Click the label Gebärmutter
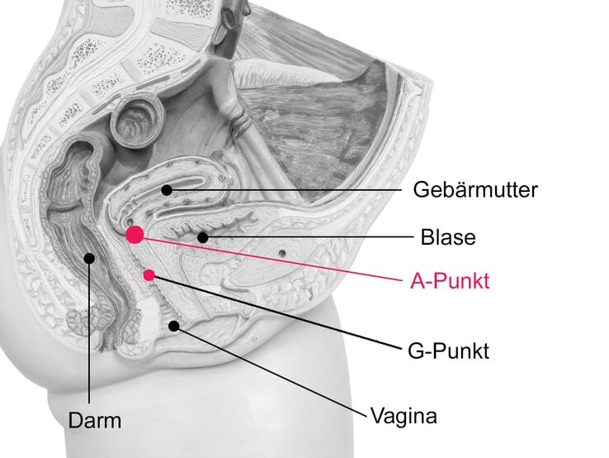474,190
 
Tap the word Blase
448,237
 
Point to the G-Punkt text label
448,351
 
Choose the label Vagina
404,414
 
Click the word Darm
94,421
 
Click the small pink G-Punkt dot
149,274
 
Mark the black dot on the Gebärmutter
167,190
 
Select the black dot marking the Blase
202,238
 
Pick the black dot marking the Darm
89,258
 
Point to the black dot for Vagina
174,326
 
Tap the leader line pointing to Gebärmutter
289,190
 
